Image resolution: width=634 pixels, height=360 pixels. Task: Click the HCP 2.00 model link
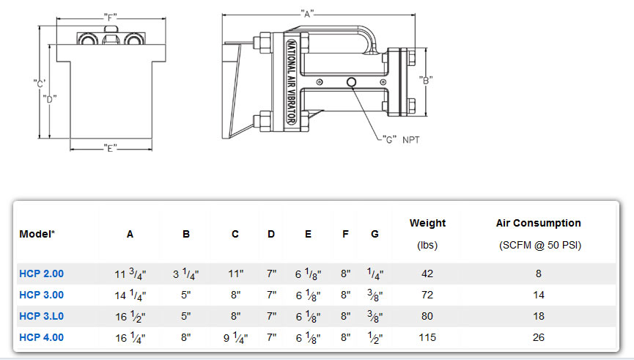[41, 273]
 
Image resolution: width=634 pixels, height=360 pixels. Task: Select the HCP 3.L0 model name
[41, 316]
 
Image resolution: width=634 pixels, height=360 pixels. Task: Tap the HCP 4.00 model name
[41, 337]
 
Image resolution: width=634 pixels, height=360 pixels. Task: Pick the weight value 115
[427, 337]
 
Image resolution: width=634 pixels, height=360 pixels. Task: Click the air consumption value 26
[539, 337]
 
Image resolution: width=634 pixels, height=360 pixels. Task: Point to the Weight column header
[427, 223]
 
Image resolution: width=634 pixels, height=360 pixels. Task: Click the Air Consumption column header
[539, 223]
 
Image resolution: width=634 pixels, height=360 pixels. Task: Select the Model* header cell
[37, 234]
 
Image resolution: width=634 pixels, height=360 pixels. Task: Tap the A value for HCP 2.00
[130, 273]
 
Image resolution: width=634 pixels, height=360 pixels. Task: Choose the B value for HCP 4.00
[186, 337]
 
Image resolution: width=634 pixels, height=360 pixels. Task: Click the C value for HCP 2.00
[235, 273]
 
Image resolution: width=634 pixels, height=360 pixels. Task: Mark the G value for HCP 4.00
[375, 337]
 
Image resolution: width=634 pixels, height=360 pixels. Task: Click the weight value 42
[427, 273]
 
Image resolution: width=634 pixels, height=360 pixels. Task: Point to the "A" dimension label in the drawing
[308, 13]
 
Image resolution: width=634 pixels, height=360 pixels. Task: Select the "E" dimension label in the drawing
[111, 149]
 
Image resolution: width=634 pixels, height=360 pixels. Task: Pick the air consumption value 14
[539, 295]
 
